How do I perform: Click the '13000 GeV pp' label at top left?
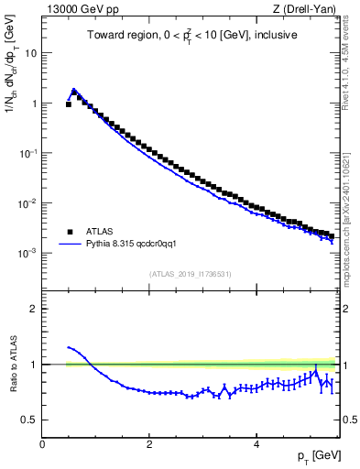[81, 10]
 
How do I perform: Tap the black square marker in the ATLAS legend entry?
[70, 232]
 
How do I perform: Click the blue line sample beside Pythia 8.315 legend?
[70, 245]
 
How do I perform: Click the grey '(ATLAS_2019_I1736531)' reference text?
[190, 274]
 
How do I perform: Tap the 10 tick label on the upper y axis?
[30, 53]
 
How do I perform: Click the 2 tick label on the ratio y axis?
[35, 309]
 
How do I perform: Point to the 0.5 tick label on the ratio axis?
[30, 420]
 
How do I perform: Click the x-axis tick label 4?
[256, 444]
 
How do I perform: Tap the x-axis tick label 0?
[42, 444]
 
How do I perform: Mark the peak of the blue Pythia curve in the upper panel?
[74, 90]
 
